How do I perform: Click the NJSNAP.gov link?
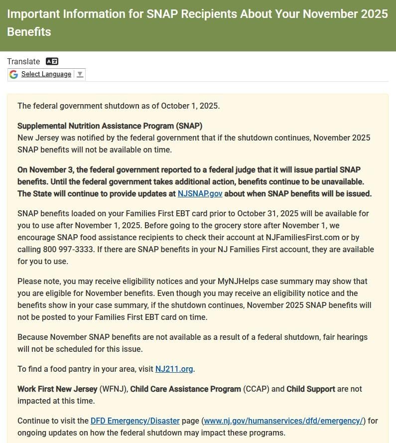(200, 193)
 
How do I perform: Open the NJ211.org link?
(174, 369)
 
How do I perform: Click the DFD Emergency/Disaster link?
(145, 421)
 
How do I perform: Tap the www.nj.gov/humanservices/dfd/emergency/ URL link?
(283, 421)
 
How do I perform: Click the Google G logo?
(13, 74)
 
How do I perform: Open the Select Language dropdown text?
(46, 74)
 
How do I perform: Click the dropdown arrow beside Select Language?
(80, 74)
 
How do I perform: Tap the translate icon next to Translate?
(52, 61)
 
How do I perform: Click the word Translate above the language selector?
(23, 61)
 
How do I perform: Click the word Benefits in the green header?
(29, 32)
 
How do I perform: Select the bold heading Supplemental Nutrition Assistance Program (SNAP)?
(110, 126)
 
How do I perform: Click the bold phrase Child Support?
(311, 389)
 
